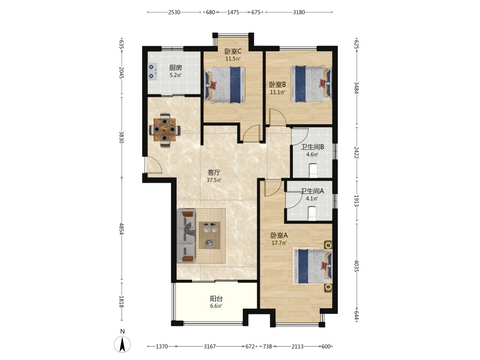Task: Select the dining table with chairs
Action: (x=165, y=131)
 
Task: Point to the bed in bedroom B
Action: (x=311, y=84)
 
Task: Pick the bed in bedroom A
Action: (x=312, y=266)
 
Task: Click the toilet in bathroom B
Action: (x=313, y=170)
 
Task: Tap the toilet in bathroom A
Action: (x=312, y=214)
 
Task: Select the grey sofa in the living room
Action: (x=186, y=236)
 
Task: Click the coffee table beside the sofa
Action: (x=210, y=235)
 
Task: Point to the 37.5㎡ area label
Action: (x=214, y=180)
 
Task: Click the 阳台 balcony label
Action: (x=216, y=299)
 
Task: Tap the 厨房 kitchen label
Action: (x=176, y=68)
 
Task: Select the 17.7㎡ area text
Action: (x=279, y=243)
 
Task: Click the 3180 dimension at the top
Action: (x=299, y=12)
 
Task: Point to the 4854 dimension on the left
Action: (x=121, y=228)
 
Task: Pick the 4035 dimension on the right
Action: (x=356, y=266)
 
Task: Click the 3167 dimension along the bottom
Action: (x=210, y=346)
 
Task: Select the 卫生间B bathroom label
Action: (x=312, y=147)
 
